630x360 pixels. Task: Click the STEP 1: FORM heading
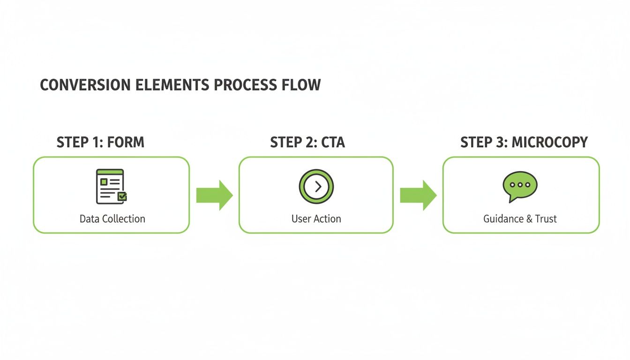coord(100,142)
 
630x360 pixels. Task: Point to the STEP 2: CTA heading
coord(307,142)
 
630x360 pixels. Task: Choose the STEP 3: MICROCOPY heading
coord(524,142)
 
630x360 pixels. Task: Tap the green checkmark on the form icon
coord(122,197)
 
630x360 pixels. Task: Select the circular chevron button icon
coord(316,187)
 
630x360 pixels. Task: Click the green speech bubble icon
coord(519,186)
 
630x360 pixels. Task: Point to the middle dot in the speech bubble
coord(519,185)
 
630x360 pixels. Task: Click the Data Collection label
coord(112,219)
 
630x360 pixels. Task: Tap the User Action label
coord(316,219)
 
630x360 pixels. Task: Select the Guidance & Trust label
coord(520,219)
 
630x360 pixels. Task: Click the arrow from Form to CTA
coord(214,195)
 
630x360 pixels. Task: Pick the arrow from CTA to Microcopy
coord(418,195)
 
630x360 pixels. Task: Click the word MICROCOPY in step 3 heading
coord(549,142)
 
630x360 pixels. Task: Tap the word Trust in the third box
coord(546,219)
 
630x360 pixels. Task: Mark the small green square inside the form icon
coord(104,181)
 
